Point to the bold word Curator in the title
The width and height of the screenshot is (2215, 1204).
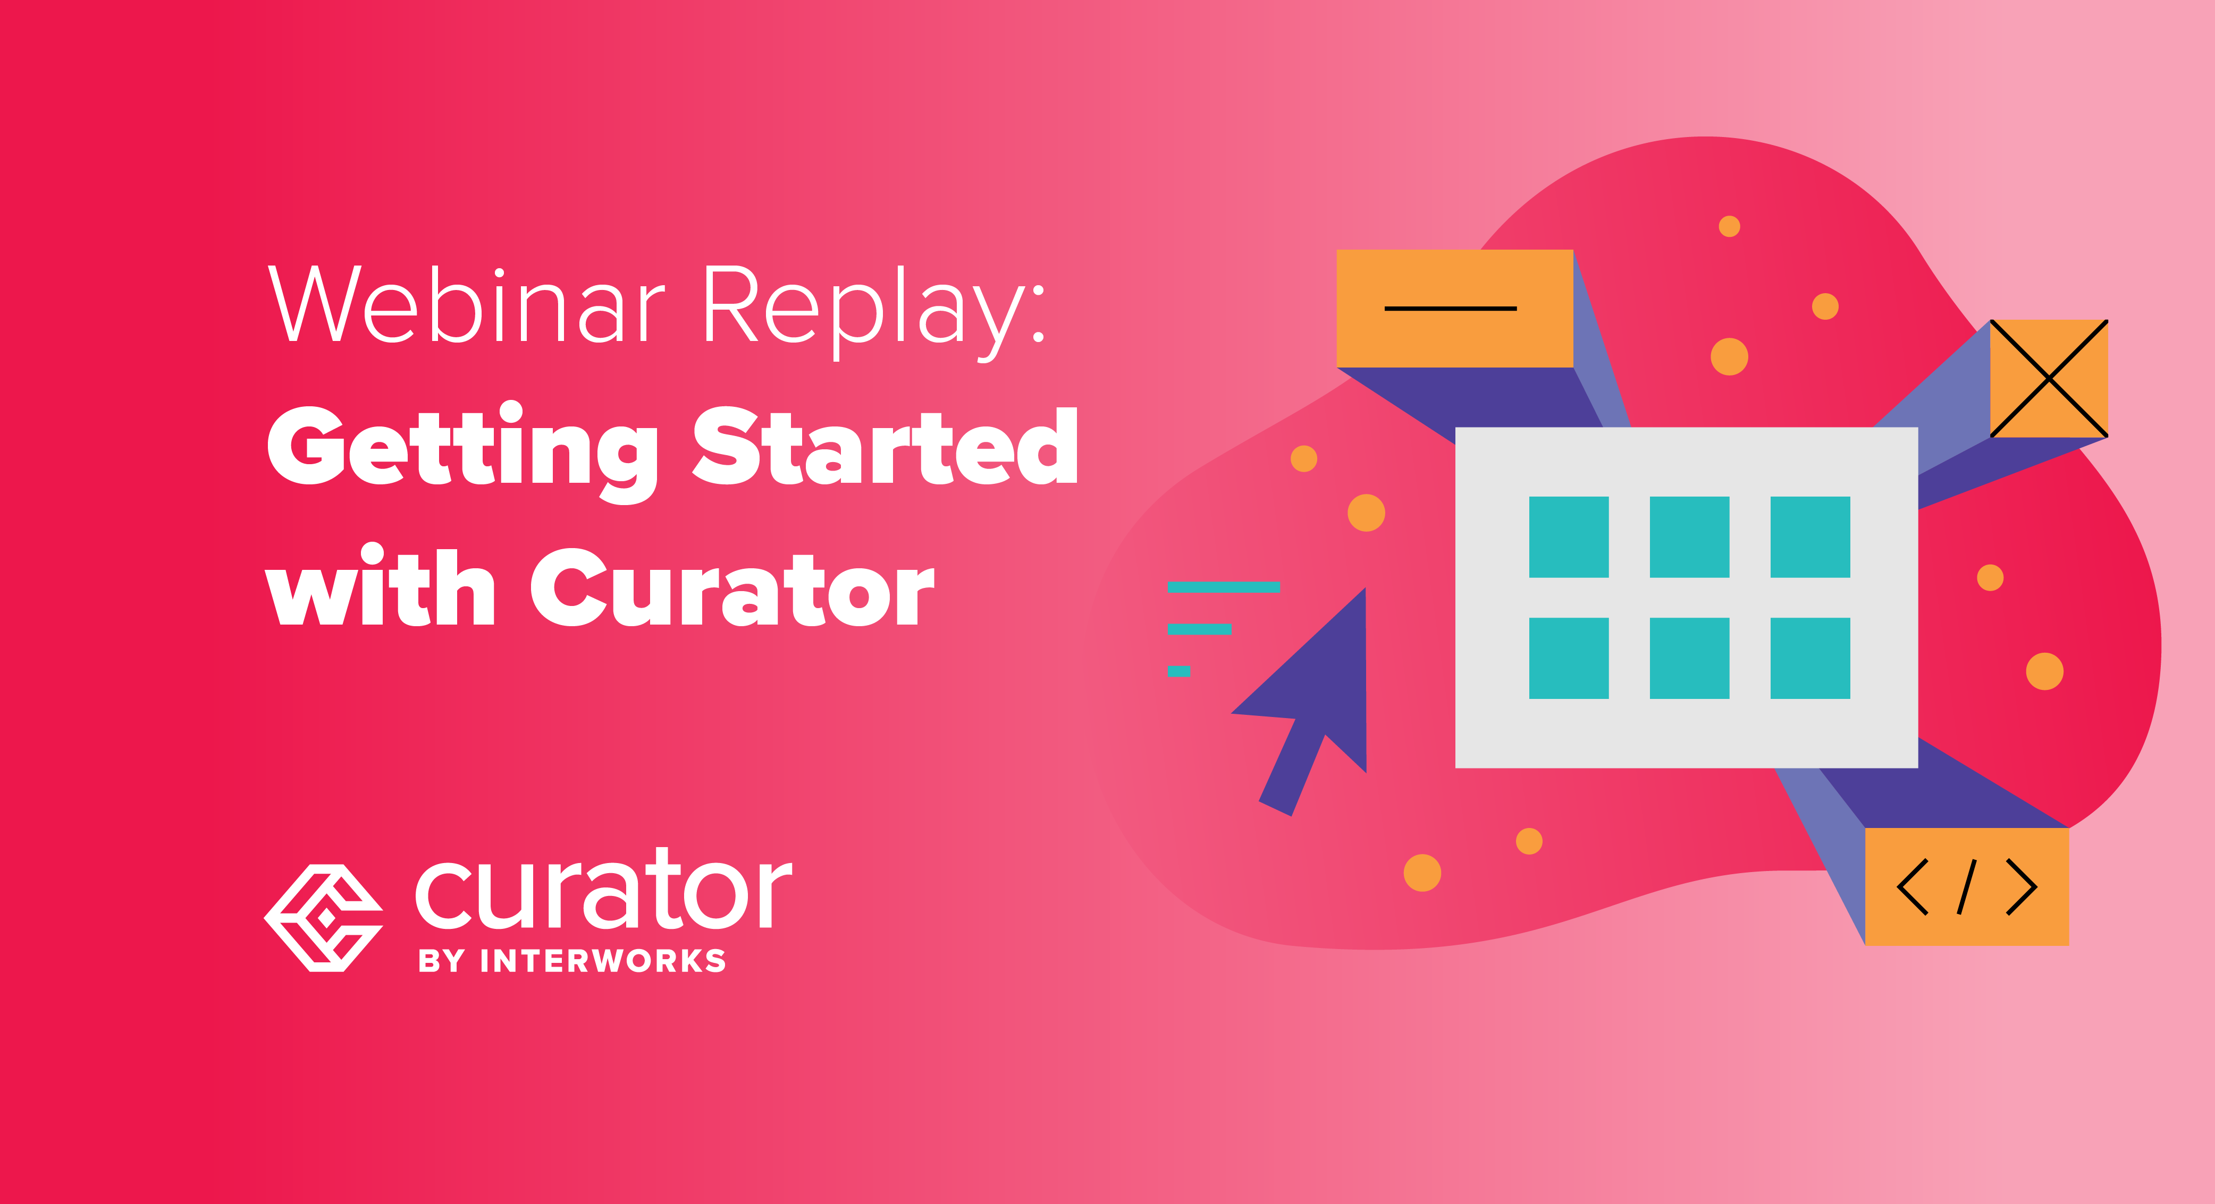(731, 588)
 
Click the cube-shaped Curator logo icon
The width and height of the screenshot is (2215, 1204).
(323, 918)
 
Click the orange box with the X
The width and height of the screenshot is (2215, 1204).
(2048, 378)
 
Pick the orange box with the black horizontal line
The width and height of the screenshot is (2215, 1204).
(1454, 308)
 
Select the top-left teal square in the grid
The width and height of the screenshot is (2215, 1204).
(1569, 537)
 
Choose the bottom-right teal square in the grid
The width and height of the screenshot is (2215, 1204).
(1810, 657)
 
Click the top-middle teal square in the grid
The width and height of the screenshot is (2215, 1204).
(1689, 537)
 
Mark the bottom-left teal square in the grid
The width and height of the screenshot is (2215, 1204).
(1569, 657)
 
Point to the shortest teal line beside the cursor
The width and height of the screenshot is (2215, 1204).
(1178, 671)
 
